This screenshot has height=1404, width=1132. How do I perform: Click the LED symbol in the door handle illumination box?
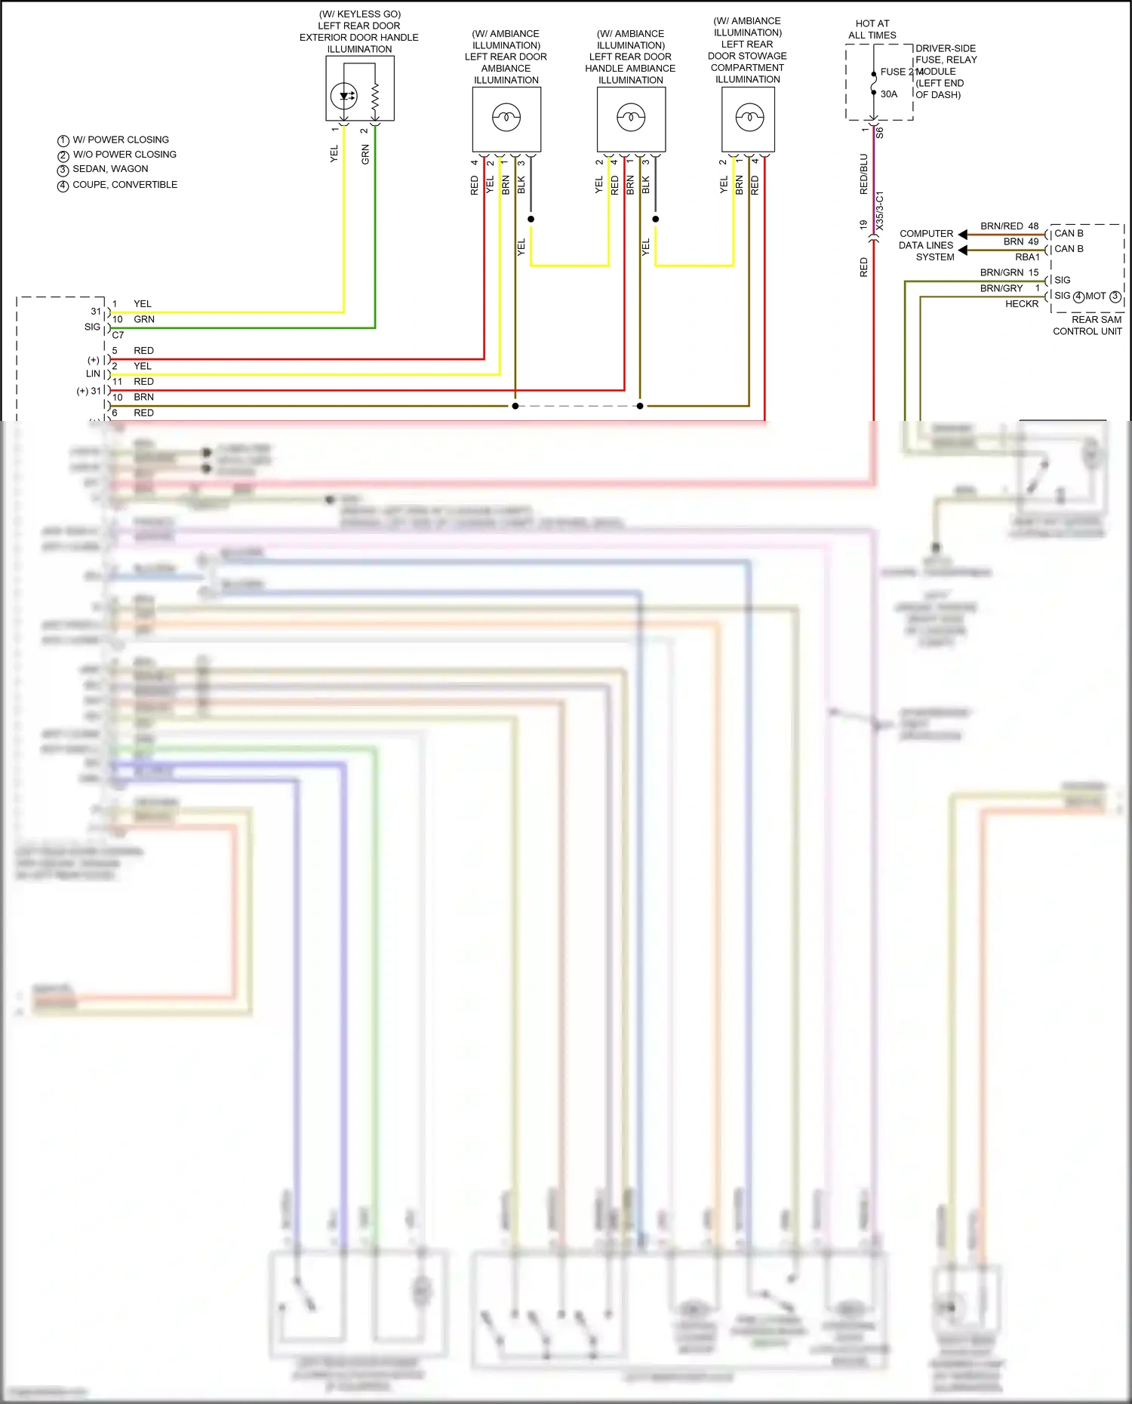344,96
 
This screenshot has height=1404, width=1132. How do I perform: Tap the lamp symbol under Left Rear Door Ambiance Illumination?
506,117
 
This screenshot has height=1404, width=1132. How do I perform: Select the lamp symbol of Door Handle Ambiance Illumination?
631,117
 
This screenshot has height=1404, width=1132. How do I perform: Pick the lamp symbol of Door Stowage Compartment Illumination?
749,117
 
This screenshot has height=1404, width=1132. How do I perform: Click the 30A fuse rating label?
889,94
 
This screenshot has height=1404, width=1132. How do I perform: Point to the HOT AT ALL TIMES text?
872,29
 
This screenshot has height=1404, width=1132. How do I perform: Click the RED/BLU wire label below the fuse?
864,174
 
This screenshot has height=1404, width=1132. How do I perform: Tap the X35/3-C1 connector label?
880,211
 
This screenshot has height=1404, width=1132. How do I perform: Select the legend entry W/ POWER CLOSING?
120,140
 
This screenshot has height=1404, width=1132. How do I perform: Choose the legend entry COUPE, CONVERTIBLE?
125,185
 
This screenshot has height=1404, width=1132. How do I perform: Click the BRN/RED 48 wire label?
1009,226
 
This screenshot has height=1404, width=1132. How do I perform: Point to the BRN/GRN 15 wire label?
1009,273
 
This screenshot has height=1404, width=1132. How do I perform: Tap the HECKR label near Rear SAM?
1022,304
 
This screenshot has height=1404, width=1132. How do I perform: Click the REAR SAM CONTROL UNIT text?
1087,326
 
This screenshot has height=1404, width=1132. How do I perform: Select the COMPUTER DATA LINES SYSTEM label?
927,245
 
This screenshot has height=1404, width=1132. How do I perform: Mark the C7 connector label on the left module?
118,335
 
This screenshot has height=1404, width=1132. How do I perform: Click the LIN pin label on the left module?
93,374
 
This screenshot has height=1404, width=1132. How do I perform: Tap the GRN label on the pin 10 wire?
144,320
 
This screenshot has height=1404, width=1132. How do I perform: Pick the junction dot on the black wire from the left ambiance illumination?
531,220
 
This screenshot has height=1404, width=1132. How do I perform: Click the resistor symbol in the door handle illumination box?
376,96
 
